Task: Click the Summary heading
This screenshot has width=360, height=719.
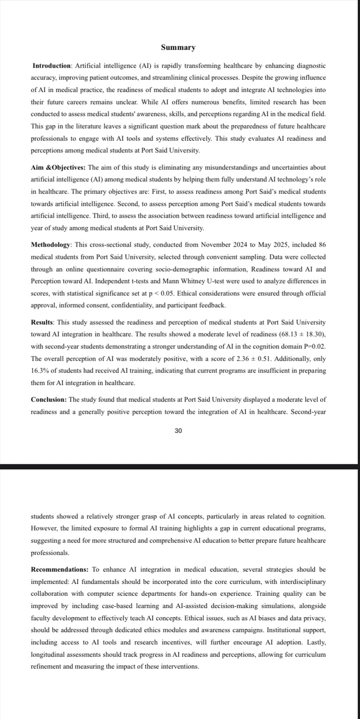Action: tap(178, 47)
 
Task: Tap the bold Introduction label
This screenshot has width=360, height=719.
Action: tap(52, 66)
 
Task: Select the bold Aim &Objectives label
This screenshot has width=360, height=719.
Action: tap(58, 168)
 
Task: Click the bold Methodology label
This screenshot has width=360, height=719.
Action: tap(51, 244)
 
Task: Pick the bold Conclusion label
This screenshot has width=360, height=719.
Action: tap(49, 400)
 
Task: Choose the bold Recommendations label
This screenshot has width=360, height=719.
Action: tap(60, 569)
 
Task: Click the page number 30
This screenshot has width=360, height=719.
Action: tap(178, 431)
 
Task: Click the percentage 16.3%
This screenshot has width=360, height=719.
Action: tap(40, 371)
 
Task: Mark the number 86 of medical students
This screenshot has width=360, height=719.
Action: tap(321, 244)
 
